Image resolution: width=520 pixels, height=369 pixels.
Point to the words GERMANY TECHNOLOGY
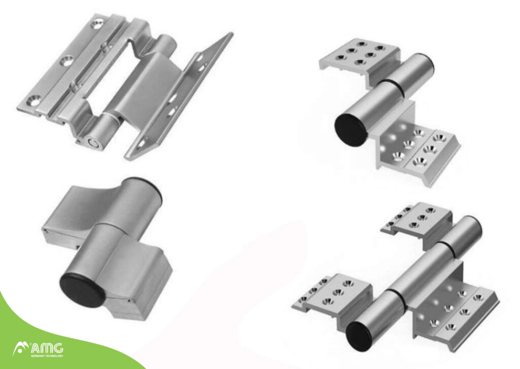click(x=47, y=356)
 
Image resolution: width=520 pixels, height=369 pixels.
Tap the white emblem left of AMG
click(x=20, y=349)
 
